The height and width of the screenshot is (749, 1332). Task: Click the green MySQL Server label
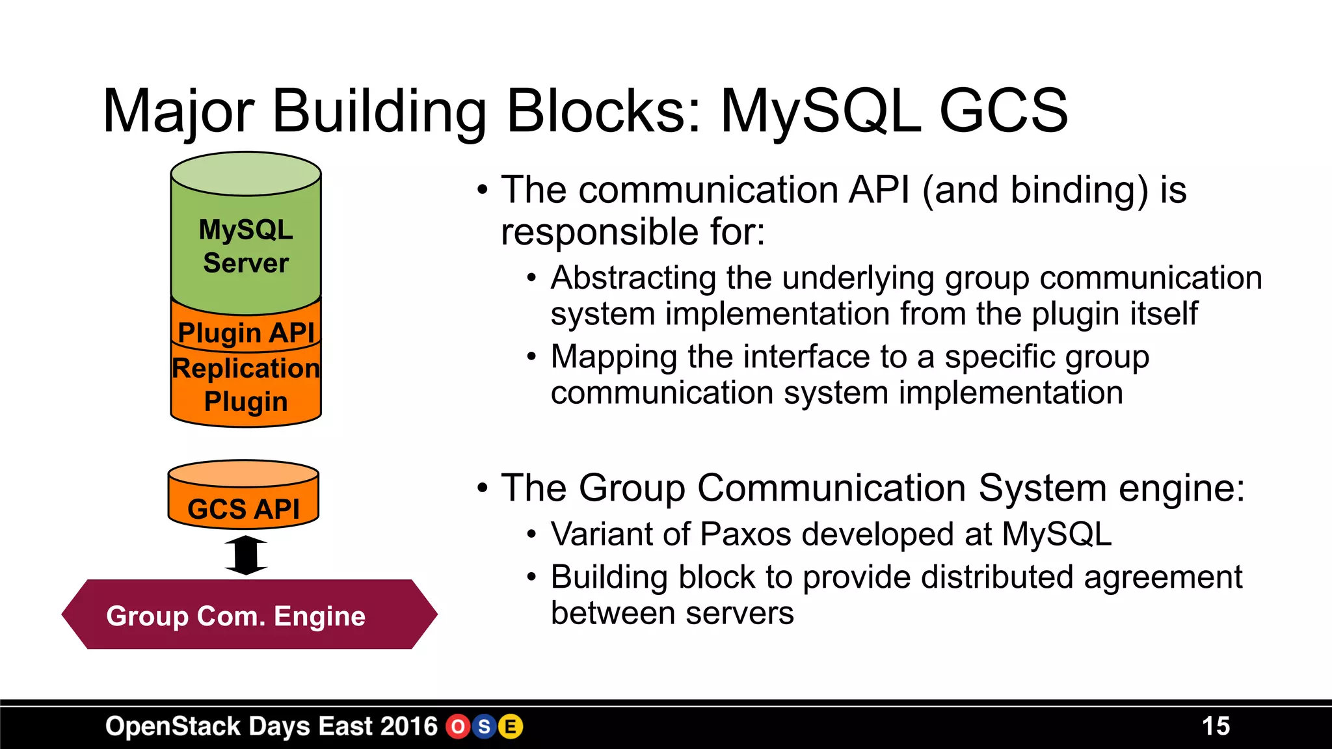[x=246, y=246]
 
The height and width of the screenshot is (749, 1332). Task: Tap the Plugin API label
[x=246, y=333]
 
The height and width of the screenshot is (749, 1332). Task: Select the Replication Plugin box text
[x=246, y=385]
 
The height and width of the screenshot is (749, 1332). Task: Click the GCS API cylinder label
[x=244, y=508]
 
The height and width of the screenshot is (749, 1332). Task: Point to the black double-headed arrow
[x=246, y=555]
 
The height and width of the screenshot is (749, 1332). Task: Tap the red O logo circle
[x=458, y=726]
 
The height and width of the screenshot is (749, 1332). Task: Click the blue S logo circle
[x=484, y=726]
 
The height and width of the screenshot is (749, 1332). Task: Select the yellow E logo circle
[x=511, y=726]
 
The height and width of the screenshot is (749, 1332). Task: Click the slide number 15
[x=1216, y=726]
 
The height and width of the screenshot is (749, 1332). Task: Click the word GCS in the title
[x=1004, y=111]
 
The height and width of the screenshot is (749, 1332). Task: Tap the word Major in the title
[x=178, y=111]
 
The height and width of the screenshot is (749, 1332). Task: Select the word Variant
[x=602, y=534]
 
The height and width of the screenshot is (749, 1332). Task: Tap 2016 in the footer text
[x=409, y=726]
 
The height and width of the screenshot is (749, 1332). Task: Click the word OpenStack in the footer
[x=173, y=726]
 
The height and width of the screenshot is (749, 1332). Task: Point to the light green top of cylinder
[x=246, y=174]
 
